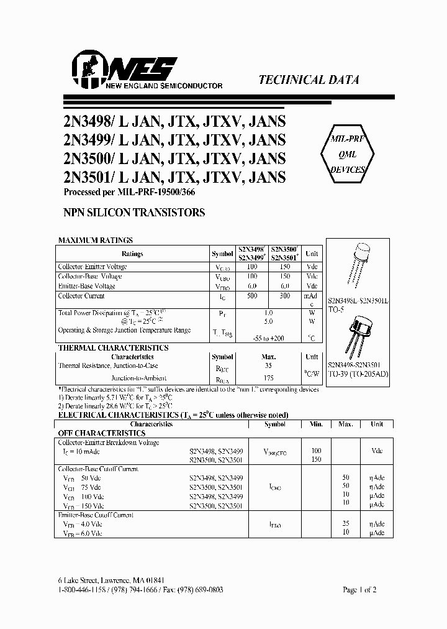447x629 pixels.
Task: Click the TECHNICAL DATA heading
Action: (x=308, y=80)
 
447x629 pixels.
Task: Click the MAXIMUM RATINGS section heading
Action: (x=95, y=240)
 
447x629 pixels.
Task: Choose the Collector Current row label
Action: (x=81, y=296)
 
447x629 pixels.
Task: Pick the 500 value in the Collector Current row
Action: (x=251, y=296)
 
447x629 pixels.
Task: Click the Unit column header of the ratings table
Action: (x=312, y=254)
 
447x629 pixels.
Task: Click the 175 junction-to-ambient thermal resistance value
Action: (x=268, y=378)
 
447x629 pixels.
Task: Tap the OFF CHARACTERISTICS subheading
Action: (x=102, y=433)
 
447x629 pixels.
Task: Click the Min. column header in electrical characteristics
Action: (x=316, y=424)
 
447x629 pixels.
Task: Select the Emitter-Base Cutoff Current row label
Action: (x=96, y=515)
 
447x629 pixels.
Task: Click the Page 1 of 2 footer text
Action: (x=359, y=589)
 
